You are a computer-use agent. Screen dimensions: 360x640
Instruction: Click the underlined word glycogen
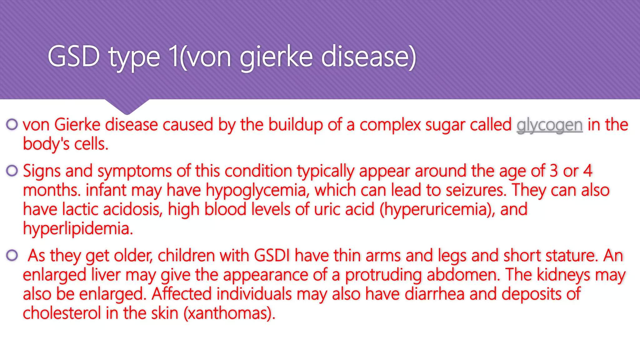click(x=549, y=125)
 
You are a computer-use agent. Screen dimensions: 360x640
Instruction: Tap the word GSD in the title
click(x=74, y=57)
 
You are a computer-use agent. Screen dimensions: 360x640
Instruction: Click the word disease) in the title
click(x=369, y=57)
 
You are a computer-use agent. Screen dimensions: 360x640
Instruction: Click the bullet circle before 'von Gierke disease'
click(x=12, y=124)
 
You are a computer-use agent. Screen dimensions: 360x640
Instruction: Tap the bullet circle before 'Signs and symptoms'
click(x=12, y=171)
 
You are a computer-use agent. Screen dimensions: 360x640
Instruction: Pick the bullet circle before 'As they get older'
click(x=12, y=255)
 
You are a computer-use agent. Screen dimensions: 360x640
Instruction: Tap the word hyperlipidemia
click(x=78, y=229)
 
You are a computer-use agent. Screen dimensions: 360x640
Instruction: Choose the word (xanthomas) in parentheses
click(x=229, y=313)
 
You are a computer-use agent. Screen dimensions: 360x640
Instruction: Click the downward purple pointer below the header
click(x=127, y=106)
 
